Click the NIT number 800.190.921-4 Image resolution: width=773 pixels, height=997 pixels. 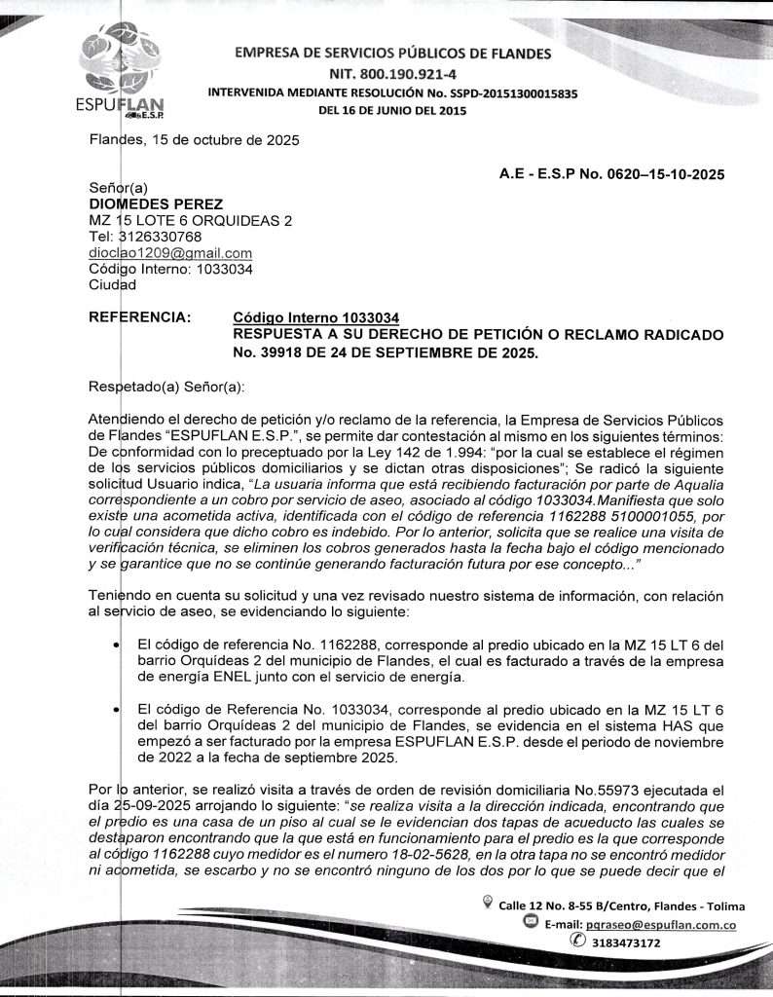tap(392, 73)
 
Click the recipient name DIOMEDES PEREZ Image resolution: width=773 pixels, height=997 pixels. tap(156, 204)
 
